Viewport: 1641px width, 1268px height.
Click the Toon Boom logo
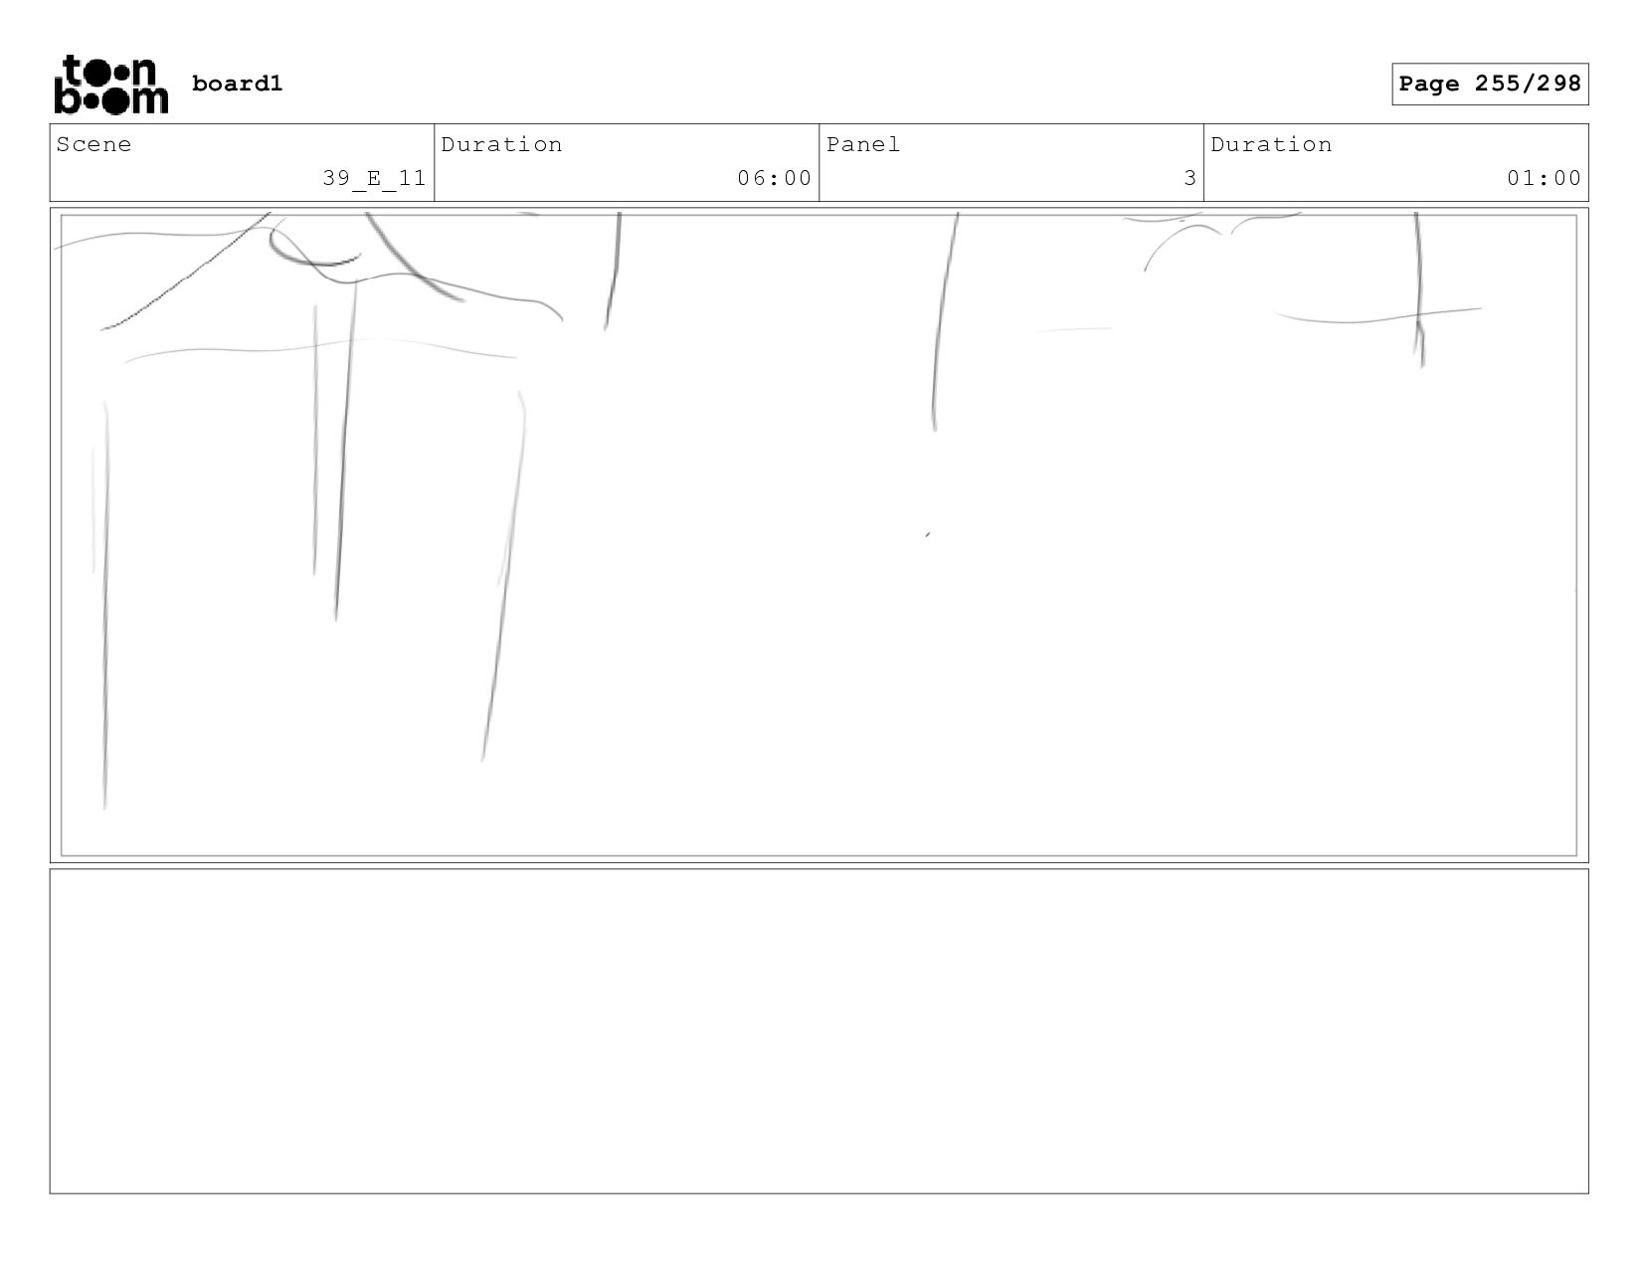pyautogui.click(x=110, y=85)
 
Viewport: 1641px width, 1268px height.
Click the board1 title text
pyautogui.click(x=237, y=84)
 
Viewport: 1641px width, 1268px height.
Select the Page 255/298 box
pyautogui.click(x=1489, y=84)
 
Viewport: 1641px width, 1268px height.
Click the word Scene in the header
pyautogui.click(x=93, y=144)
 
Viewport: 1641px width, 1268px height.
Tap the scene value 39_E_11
pyautogui.click(x=374, y=178)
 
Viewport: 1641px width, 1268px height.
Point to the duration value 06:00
pyautogui.click(x=774, y=178)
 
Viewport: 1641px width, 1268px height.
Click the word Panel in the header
pyautogui.click(x=862, y=144)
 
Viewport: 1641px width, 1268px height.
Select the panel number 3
pyautogui.click(x=1189, y=178)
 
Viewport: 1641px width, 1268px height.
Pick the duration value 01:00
pyautogui.click(x=1544, y=178)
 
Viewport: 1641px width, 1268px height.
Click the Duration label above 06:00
pyautogui.click(x=501, y=144)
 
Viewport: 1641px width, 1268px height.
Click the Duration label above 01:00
pyautogui.click(x=1271, y=144)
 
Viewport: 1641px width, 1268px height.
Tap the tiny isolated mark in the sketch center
pyautogui.click(x=928, y=535)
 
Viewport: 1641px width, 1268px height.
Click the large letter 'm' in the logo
pyautogui.click(x=149, y=98)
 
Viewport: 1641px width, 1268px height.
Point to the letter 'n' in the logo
pyautogui.click(x=144, y=72)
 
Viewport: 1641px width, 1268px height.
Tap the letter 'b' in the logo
pyautogui.click(x=66, y=98)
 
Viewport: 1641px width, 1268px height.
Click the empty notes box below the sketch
pyautogui.click(x=819, y=1030)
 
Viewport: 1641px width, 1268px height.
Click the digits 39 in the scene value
pyautogui.click(x=335, y=178)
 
